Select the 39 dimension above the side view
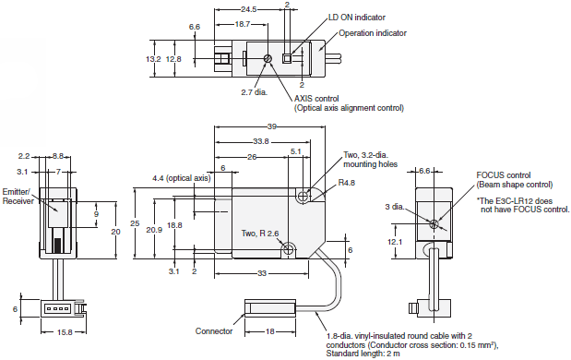[271, 126]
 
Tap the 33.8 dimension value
[261, 141]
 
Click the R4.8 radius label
[347, 184]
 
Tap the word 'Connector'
[215, 330]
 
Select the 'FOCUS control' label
[503, 174]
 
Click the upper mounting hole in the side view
[303, 197]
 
